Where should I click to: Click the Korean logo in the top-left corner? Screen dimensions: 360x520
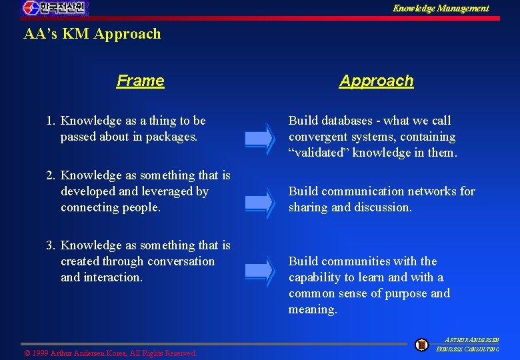point(55,9)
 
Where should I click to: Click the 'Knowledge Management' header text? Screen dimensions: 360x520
point(440,9)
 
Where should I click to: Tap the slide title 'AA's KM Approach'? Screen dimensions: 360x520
point(92,34)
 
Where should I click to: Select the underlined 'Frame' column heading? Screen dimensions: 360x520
point(140,81)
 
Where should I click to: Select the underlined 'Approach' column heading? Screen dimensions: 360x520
point(376,81)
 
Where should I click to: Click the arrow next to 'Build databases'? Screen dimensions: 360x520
point(259,138)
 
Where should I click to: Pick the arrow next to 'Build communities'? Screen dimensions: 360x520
point(259,270)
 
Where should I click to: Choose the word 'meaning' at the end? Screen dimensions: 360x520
point(312,309)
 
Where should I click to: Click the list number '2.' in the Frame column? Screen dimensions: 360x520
point(51,175)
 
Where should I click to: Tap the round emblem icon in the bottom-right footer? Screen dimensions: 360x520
point(421,345)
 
